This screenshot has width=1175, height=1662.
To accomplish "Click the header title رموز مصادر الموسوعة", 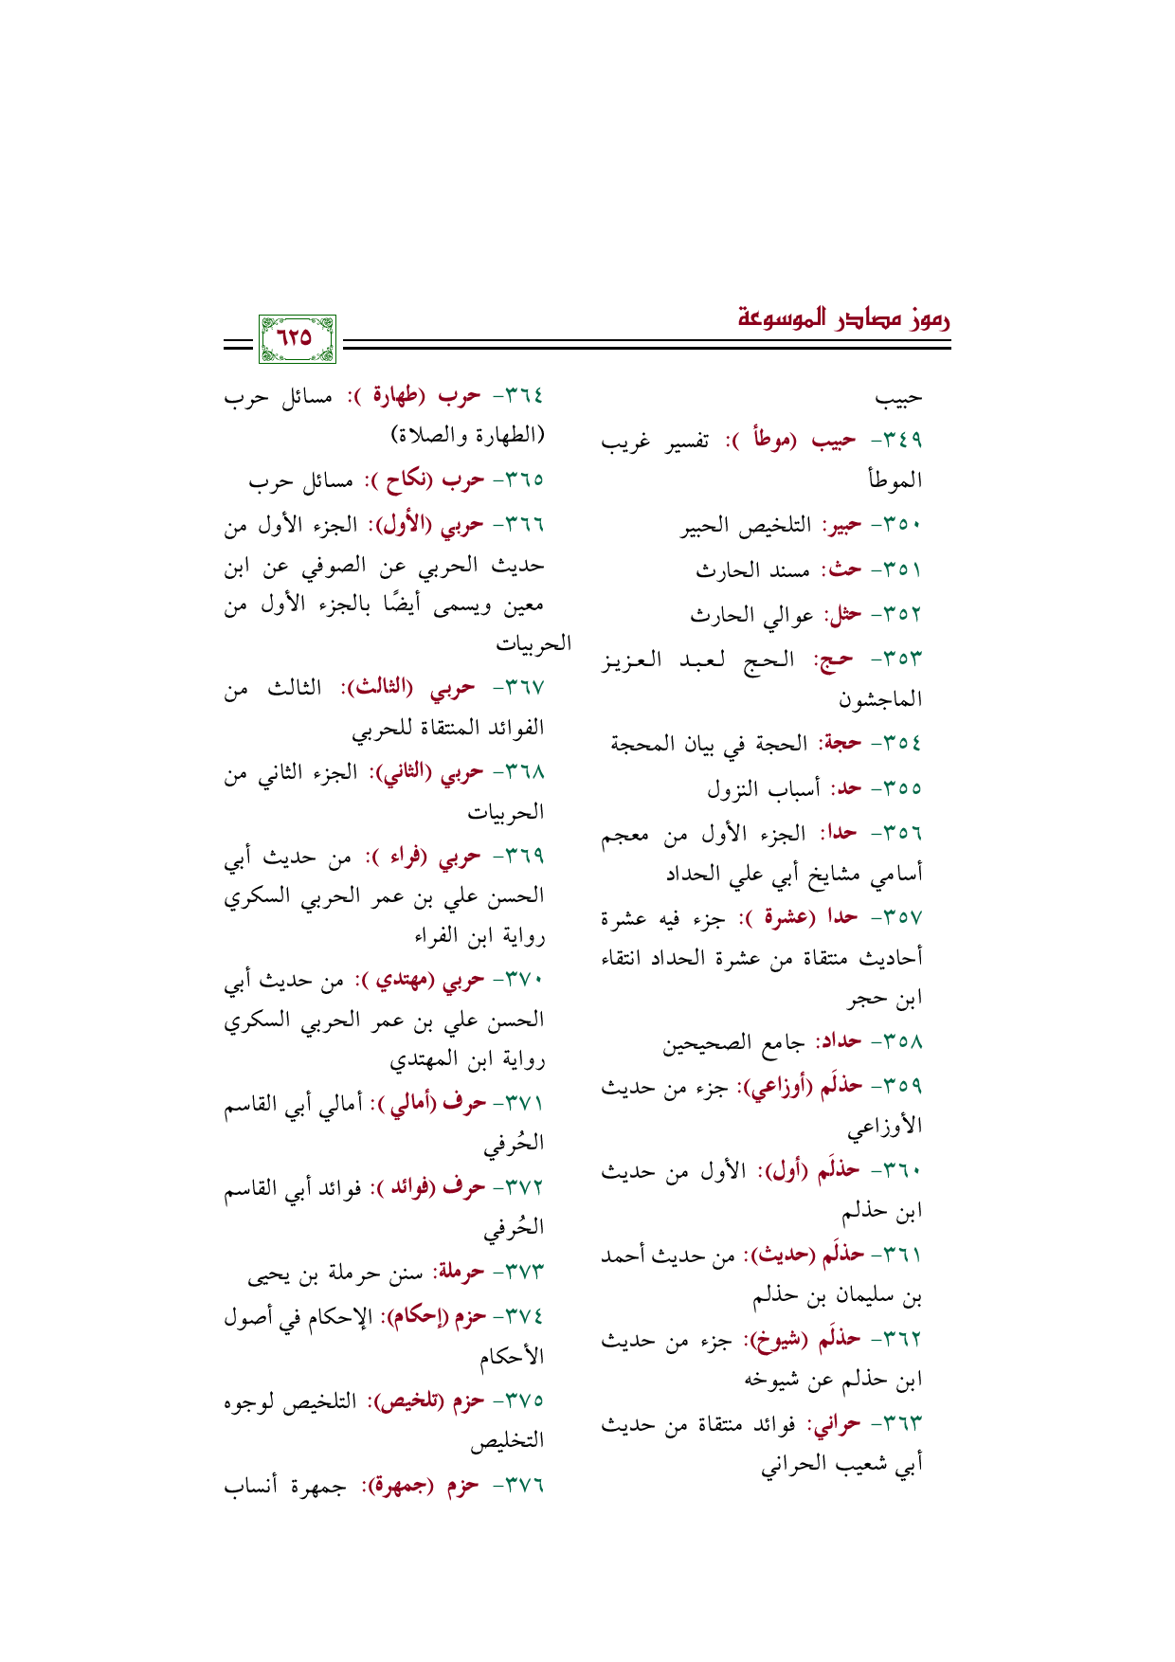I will point(843,318).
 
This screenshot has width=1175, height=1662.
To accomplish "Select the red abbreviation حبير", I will point(841,527).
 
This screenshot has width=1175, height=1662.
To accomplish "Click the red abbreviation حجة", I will point(840,744).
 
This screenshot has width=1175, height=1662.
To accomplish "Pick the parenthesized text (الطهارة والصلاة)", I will point(468,437).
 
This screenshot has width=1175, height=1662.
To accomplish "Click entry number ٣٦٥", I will point(518,481).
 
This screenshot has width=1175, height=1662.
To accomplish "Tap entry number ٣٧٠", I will point(518,980).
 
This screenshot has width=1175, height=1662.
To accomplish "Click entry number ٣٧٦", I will point(518,1486).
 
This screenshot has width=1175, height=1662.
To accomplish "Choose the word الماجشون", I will point(880,701).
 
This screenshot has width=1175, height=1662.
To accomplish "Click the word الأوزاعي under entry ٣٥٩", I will point(885,1129).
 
